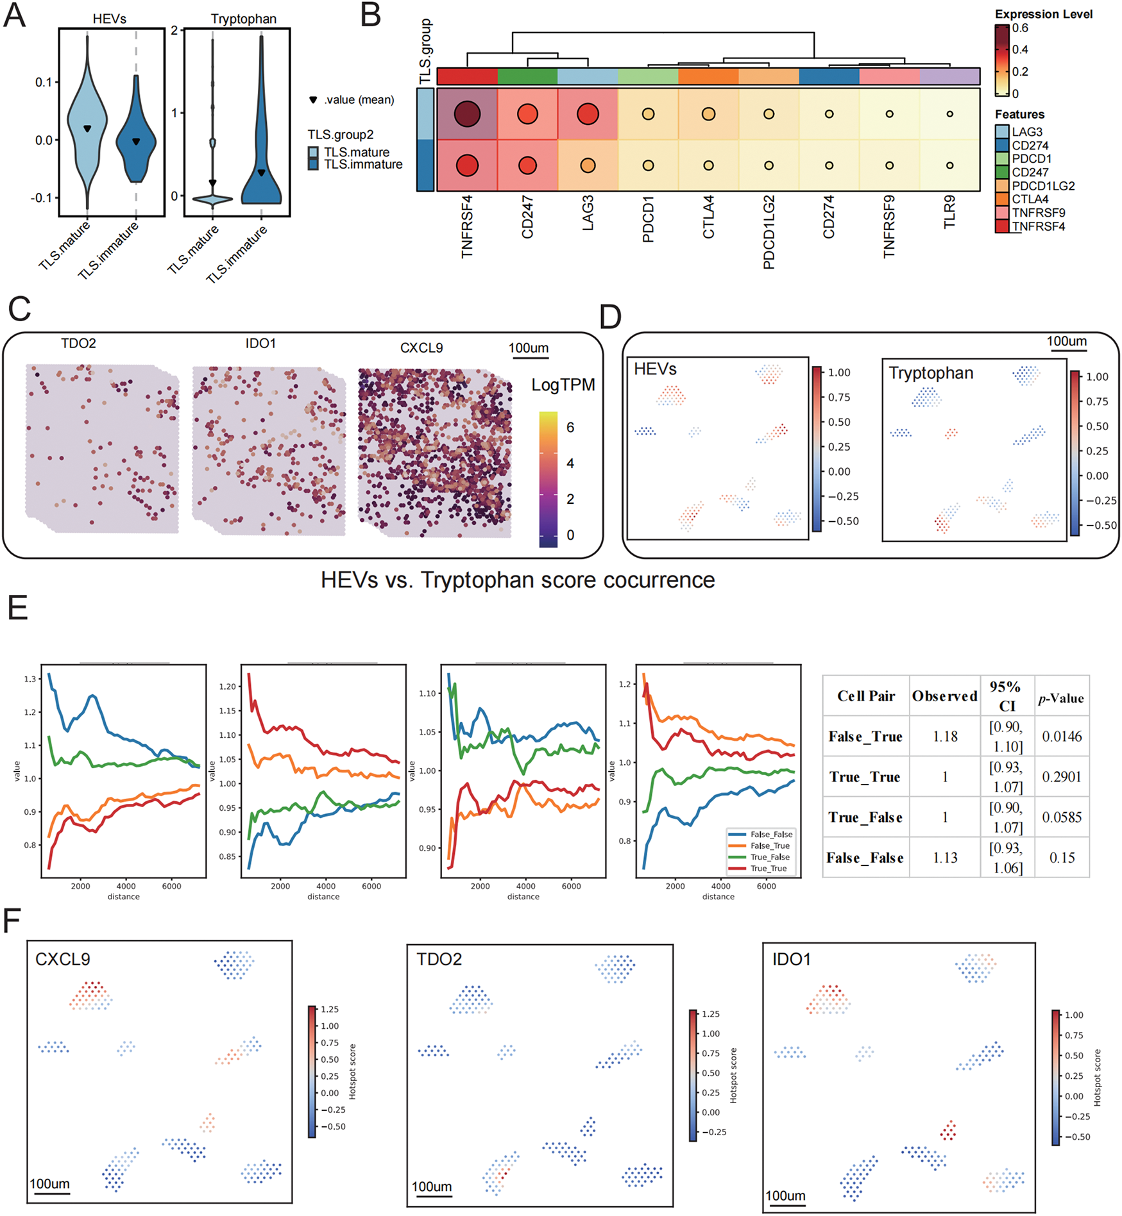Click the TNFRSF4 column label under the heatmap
coord(466,226)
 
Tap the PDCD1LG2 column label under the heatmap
coord(769,231)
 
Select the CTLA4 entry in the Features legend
coord(1030,199)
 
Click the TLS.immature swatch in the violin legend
coord(313,165)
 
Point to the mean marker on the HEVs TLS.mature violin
coord(88,129)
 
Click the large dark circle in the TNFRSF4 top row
coord(467,114)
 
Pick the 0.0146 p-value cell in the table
coord(1062,737)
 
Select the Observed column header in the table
coord(944,696)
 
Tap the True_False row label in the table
coord(865,817)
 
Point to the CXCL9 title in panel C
coord(421,348)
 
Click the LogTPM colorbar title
coord(563,385)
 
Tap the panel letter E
coord(18,607)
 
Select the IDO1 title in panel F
coord(791,960)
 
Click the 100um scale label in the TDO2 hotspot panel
coord(431,1187)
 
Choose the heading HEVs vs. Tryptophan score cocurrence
coord(518,580)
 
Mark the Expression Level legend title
coord(1043,14)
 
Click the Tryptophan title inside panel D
coord(931,373)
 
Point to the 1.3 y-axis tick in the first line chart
coord(30,679)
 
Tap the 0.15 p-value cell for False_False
coord(1062,858)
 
